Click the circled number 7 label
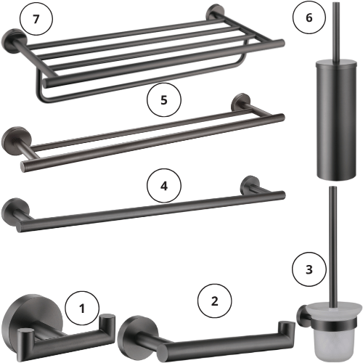[36, 19]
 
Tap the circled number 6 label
[309, 17]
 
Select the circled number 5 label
[164, 99]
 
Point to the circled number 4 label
[164, 186]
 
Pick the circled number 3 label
[309, 269]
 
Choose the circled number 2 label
[215, 301]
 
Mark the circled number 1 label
[82, 309]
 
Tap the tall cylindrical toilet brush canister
[336, 121]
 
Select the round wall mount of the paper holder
[134, 335]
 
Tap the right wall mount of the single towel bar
[250, 184]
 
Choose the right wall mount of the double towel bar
[240, 102]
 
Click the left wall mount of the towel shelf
[13, 40]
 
